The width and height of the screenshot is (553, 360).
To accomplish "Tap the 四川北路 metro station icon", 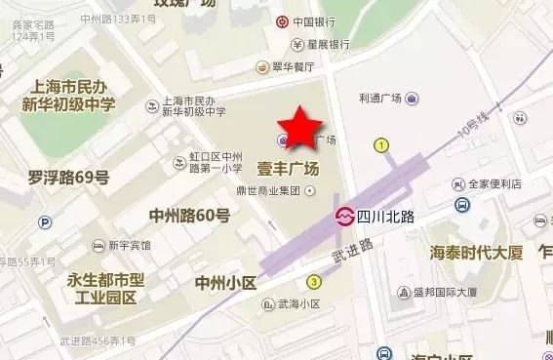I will point(344,216).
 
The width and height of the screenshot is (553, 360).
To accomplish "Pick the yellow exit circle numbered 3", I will point(314,282).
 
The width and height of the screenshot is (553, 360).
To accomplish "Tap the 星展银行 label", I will point(329,44).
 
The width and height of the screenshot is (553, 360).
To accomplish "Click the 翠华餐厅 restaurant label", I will point(292,66).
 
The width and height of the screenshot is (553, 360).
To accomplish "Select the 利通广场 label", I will point(380,99).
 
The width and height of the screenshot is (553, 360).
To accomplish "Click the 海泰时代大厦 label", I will point(477,253).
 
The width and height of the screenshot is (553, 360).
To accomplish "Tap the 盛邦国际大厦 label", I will point(444,292).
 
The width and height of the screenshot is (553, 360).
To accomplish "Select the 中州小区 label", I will point(224,283).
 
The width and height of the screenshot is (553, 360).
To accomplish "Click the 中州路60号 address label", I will point(189,216).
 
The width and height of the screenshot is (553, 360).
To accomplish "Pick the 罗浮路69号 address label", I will point(68,178).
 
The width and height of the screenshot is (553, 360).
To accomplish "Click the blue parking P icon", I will point(44,222).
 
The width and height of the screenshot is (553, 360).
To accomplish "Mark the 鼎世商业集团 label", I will point(269,190).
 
